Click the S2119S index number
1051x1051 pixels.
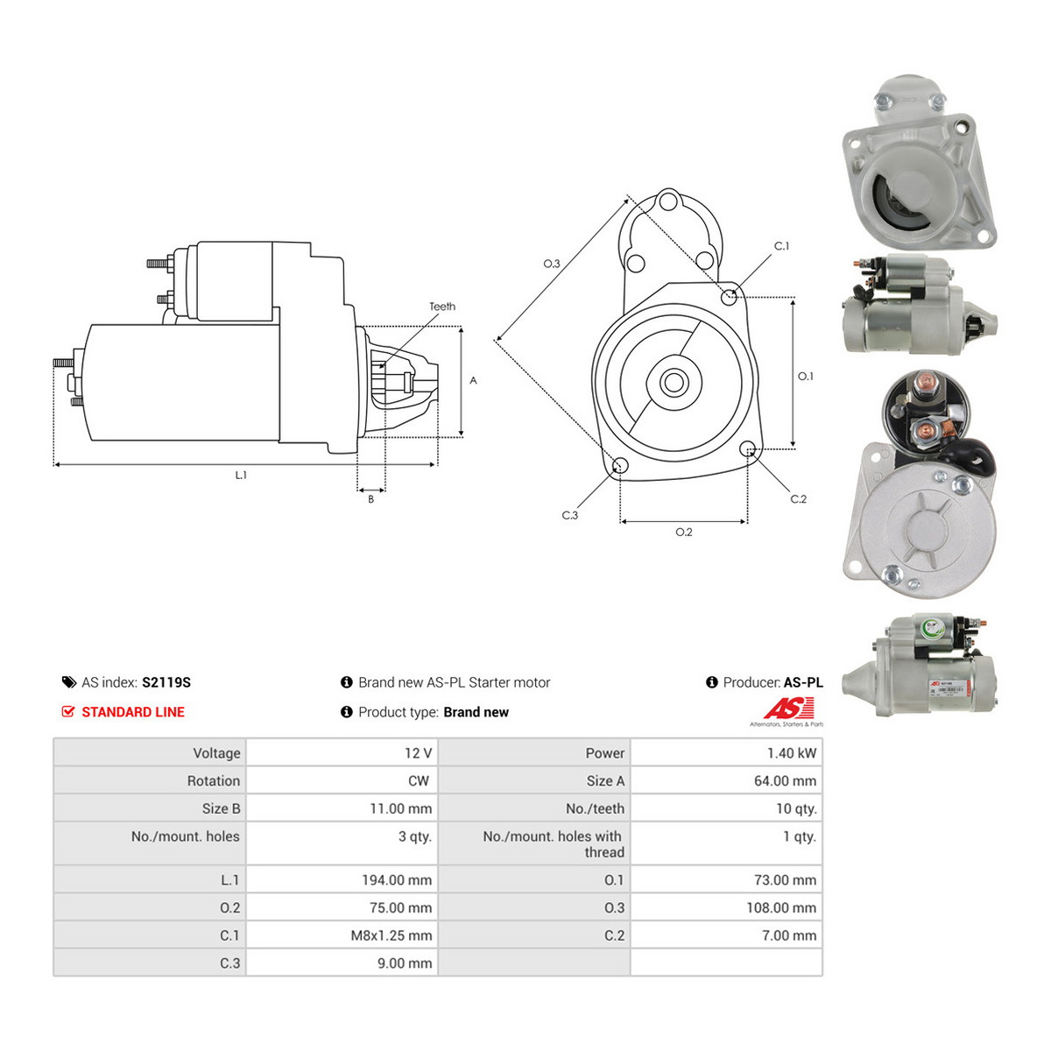166,682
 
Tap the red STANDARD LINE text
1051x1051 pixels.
133,712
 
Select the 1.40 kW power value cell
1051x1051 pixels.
792,753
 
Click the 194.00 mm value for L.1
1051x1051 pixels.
397,880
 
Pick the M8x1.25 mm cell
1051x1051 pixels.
391,936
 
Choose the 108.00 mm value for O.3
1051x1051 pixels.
781,908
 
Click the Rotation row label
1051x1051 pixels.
213,781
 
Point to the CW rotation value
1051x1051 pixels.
419,781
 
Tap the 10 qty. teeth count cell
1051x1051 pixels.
796,809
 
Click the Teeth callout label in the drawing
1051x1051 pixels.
441,307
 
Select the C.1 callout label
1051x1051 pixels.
781,246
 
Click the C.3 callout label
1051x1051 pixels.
570,515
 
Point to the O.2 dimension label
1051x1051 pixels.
684,532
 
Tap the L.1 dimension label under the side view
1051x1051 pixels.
241,475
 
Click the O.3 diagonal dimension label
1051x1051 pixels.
552,264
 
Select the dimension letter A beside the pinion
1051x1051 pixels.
474,380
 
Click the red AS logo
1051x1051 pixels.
788,709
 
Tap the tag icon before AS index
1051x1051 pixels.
68,682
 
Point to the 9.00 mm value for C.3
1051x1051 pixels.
405,963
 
